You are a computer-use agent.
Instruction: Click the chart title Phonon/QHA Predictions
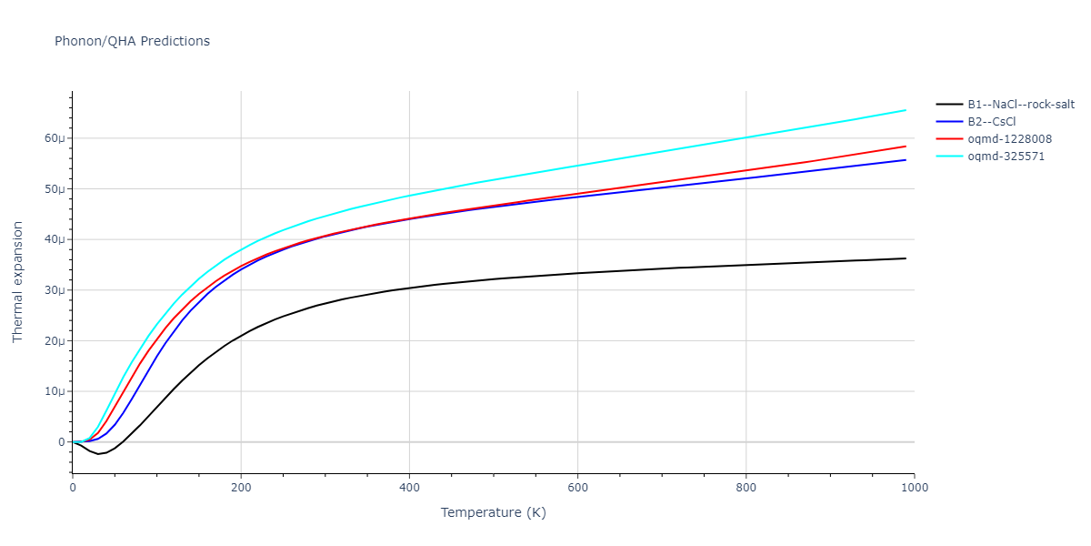click(x=132, y=41)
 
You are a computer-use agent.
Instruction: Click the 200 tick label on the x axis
click(x=241, y=487)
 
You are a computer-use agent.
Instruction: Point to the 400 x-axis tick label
click(x=409, y=487)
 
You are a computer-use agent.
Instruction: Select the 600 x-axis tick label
click(x=577, y=487)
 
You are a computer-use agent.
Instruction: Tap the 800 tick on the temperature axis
click(x=746, y=487)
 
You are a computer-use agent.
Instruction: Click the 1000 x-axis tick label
click(x=914, y=487)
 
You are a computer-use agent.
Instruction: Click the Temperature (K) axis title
click(x=493, y=512)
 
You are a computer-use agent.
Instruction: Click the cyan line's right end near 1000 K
click(x=905, y=110)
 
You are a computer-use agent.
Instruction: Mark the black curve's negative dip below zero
click(x=98, y=453)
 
